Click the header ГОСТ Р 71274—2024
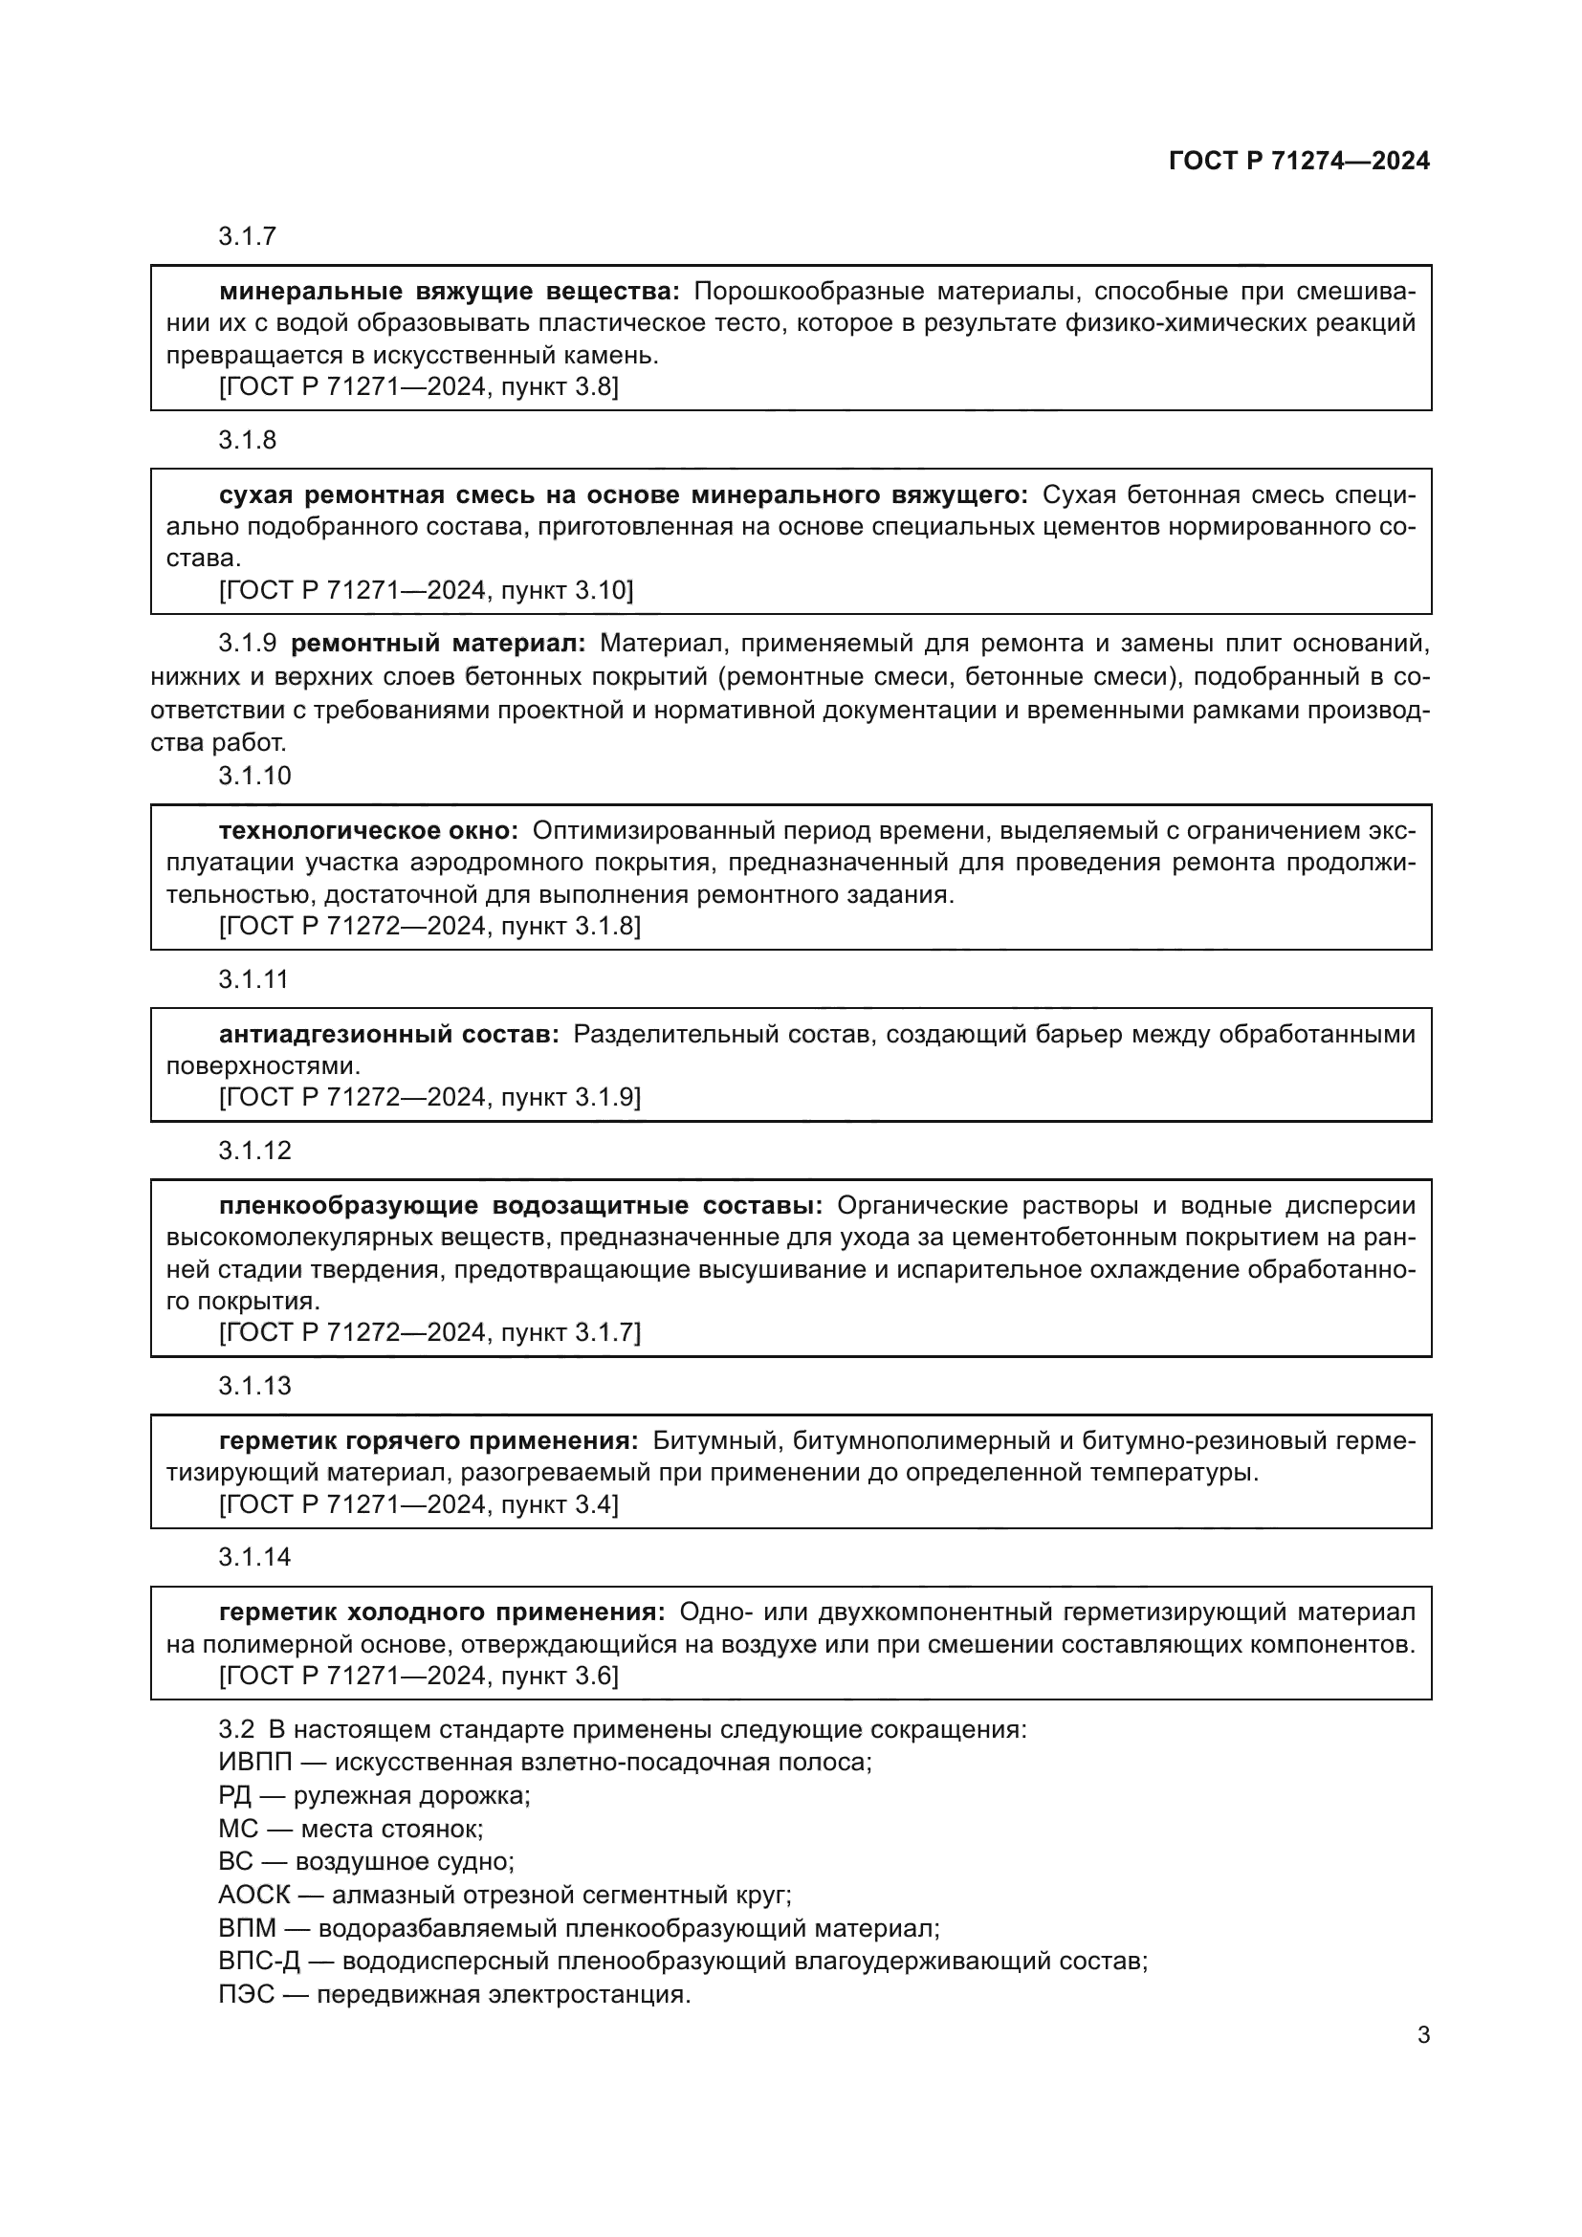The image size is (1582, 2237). [x=1299, y=161]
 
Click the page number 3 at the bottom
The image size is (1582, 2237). [x=1423, y=2034]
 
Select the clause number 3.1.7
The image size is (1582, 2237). [x=248, y=236]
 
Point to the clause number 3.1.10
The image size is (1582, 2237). [x=254, y=776]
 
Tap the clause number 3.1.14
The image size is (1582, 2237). [x=254, y=1557]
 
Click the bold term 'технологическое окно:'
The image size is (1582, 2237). [x=369, y=831]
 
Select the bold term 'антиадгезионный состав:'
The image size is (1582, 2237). [x=388, y=1034]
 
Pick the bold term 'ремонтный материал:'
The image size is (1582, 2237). [x=438, y=643]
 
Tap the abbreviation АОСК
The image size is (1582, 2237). [x=254, y=1895]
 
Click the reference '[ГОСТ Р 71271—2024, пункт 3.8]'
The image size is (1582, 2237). [x=419, y=386]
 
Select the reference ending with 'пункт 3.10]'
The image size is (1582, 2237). [x=426, y=590]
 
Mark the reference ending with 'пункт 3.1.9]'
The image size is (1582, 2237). [x=429, y=1097]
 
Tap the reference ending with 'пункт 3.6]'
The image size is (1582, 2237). [x=419, y=1676]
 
